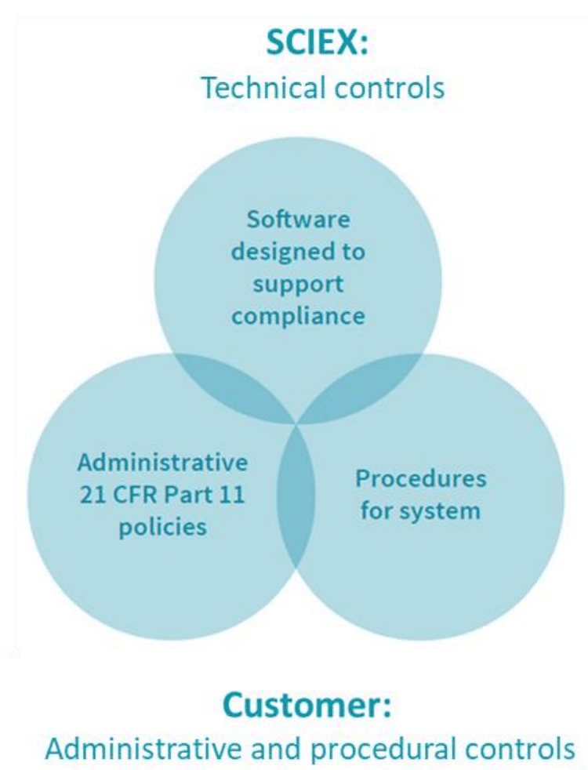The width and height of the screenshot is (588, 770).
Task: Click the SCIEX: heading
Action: click(x=317, y=44)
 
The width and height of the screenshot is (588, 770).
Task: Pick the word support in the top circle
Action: click(x=298, y=285)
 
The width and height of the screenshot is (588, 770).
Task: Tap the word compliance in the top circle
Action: click(x=299, y=315)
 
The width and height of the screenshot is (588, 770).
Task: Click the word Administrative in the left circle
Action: click(x=162, y=462)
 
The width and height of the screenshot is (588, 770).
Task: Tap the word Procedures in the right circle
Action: click(x=421, y=478)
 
